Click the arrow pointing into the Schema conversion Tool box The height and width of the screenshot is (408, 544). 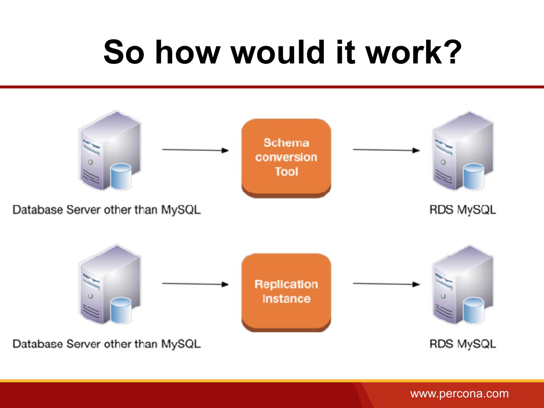[x=195, y=150]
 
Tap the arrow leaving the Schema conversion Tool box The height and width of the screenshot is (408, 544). [x=386, y=150]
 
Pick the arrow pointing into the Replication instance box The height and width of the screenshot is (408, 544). [x=195, y=284]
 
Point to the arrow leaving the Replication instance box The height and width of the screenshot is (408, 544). [x=386, y=284]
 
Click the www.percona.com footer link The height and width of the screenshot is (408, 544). [x=459, y=393]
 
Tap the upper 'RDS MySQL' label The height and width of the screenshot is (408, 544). [x=462, y=210]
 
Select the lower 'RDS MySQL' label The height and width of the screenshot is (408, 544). [x=462, y=344]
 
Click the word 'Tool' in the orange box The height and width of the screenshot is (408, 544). [x=286, y=172]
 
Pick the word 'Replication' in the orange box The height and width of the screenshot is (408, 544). [x=286, y=284]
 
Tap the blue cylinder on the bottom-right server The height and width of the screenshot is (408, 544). [x=473, y=311]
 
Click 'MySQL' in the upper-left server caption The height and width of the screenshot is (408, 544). [x=181, y=210]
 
